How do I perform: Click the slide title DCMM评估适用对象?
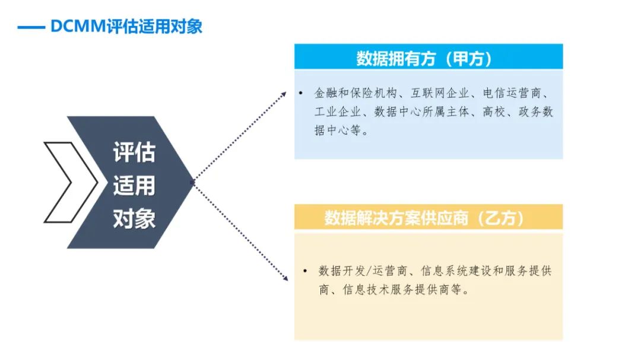(126, 27)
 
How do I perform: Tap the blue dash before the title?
(31, 28)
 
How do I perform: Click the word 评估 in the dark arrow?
(134, 152)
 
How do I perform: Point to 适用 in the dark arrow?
(134, 186)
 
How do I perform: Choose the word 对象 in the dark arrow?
(134, 219)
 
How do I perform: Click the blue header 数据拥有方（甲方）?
(424, 59)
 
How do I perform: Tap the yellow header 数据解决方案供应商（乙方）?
(424, 218)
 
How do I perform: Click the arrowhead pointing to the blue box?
(283, 95)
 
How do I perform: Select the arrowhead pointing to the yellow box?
(284, 278)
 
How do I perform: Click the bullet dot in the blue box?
(300, 93)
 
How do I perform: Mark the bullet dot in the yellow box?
(305, 270)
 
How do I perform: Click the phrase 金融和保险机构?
(356, 93)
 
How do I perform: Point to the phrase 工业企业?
(338, 111)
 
